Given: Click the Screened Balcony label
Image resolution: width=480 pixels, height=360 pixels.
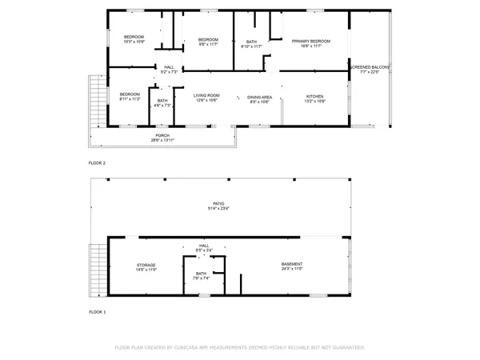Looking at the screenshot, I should point(370,68).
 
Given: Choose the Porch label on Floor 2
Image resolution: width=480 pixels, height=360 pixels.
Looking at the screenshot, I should point(162,138).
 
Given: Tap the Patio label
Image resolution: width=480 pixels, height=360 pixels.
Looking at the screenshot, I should point(218,206).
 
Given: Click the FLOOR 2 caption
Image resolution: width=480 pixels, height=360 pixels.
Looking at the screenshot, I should point(97,162).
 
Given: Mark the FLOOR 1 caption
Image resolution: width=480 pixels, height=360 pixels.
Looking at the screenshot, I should point(97,311).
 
